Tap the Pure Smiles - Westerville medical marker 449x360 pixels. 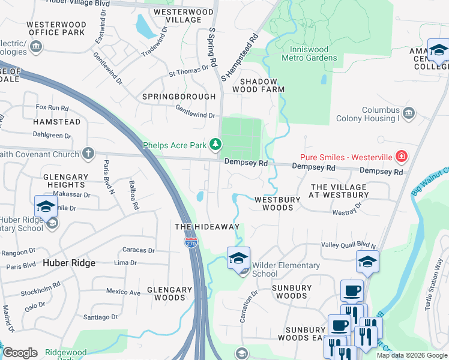402,157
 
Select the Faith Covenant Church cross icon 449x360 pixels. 88,154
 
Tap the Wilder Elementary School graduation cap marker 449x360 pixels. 238,259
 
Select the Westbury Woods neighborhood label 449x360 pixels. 274,203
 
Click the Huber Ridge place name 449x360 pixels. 70,263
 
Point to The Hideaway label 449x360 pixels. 206,227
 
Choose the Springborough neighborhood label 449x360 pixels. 179,97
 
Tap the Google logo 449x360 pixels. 20,353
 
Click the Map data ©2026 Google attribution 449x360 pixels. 411,355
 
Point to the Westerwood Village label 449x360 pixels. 183,16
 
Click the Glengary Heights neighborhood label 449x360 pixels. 65,181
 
